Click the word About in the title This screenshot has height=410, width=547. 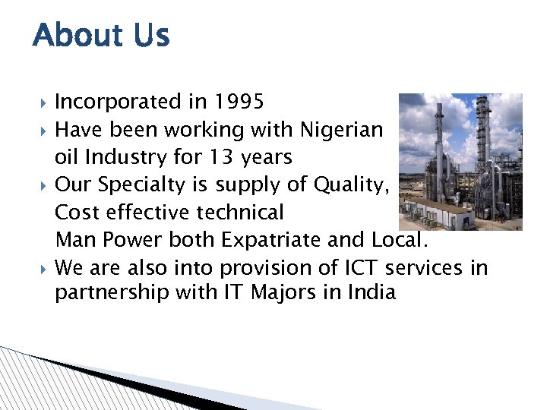(74, 35)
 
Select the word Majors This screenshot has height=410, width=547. (283, 292)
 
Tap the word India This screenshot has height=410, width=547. (373, 292)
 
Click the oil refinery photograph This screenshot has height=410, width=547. (460, 161)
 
